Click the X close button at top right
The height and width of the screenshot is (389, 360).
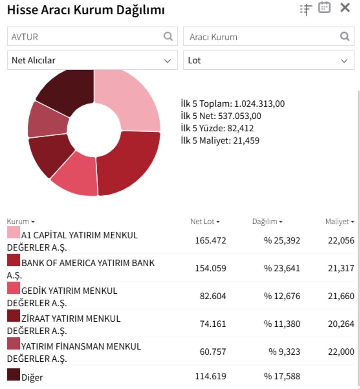(x=345, y=8)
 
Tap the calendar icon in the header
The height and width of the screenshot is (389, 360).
(x=324, y=7)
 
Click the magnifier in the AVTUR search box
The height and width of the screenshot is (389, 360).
(x=168, y=36)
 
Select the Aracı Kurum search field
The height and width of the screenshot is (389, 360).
(x=263, y=36)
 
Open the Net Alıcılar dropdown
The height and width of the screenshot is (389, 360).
(x=92, y=60)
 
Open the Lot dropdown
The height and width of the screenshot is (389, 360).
(x=268, y=60)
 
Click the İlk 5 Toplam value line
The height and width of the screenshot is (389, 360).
(x=233, y=104)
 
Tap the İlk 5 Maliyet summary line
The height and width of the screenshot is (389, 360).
(x=220, y=140)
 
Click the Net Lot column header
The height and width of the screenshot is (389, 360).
(x=205, y=222)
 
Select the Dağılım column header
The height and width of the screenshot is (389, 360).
(x=267, y=222)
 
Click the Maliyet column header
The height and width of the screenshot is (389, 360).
(x=339, y=222)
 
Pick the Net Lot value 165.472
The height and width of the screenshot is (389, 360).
(x=210, y=240)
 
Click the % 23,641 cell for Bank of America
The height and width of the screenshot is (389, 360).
(x=282, y=268)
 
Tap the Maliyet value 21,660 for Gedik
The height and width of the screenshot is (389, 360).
(x=341, y=296)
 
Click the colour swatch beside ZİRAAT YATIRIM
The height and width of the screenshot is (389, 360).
(x=13, y=316)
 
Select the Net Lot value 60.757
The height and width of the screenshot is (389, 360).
(x=213, y=352)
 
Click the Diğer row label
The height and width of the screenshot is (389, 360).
(x=32, y=377)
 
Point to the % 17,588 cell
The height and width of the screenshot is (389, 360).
(x=282, y=376)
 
